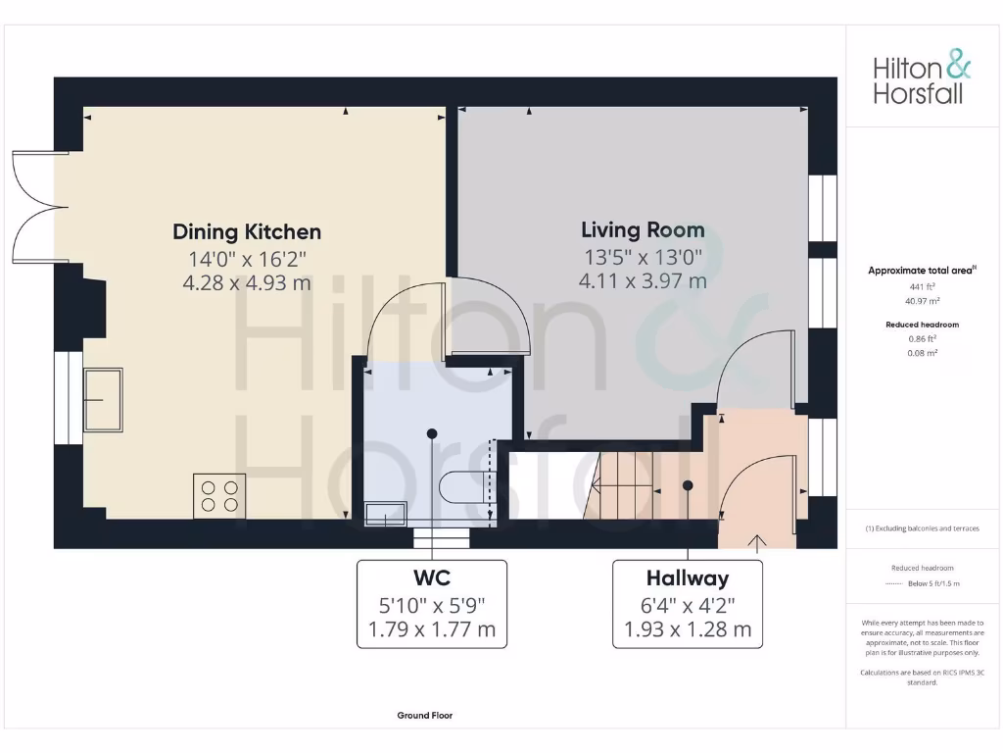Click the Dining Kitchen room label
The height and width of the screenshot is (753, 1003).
pos(247,232)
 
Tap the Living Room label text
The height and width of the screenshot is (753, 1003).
pos(643,230)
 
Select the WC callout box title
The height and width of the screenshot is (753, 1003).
pos(432,577)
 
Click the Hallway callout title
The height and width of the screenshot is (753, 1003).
pos(687,578)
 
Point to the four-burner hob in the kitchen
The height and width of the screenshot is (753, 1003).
pos(218,494)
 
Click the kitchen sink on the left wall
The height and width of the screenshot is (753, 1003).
pos(102,399)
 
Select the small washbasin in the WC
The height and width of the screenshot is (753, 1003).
pos(385,513)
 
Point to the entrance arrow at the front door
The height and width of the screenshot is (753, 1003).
pos(756,540)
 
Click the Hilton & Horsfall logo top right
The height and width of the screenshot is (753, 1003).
pos(922,79)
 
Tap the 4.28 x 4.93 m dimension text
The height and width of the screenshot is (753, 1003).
pos(247,282)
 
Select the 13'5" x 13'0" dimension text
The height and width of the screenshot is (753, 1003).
pos(643,258)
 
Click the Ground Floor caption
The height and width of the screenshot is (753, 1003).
pos(424,716)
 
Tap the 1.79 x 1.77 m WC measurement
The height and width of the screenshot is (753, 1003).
pos(432,629)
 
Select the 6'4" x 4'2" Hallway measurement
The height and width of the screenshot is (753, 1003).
pos(687,604)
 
